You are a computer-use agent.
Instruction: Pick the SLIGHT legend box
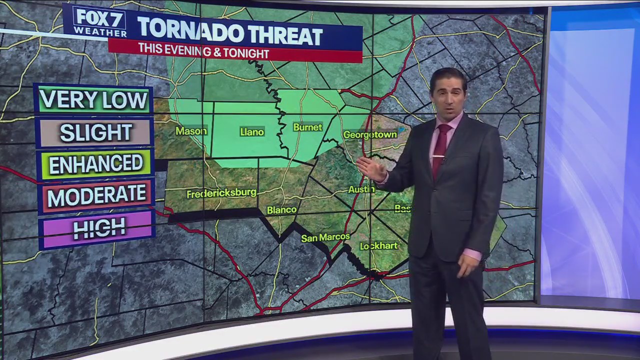pos(95,132)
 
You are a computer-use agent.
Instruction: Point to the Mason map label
pos(191,131)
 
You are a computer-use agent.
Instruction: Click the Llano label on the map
pos(251,132)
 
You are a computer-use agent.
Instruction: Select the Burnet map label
pos(307,127)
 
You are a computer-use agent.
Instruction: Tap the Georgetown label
pos(370,134)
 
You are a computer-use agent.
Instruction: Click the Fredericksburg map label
pos(221,193)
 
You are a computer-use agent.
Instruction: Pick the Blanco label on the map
pos(281,210)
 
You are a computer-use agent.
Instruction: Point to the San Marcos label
pos(325,237)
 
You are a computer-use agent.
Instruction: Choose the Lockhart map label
pos(378,245)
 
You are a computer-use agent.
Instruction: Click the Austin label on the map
pos(361,189)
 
